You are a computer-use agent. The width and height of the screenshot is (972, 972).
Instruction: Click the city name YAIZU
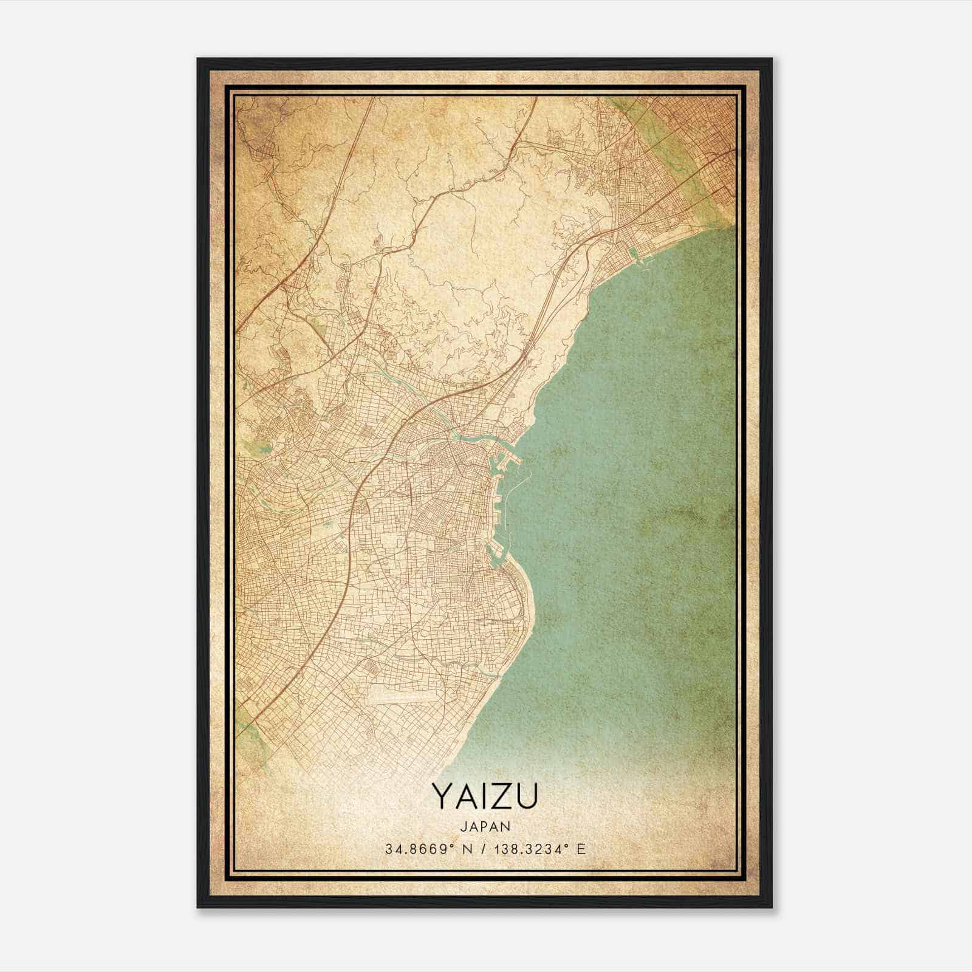(485, 796)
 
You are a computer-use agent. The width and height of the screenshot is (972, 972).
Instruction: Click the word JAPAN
(485, 826)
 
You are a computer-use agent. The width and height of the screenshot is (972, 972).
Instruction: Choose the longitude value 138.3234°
(532, 849)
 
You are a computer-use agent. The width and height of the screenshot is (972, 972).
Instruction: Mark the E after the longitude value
(581, 849)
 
